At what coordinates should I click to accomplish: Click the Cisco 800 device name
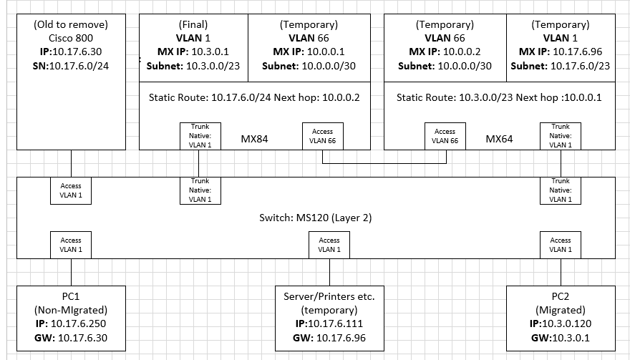71,38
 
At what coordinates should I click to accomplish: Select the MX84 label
254,138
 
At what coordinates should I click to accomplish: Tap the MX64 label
499,138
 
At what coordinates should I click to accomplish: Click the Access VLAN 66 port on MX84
322,135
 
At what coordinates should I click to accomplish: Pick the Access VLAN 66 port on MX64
445,135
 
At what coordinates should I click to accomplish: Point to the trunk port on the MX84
200,135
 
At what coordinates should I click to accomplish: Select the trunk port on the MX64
561,135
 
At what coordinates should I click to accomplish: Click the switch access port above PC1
71,245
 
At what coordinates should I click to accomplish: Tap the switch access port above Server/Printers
329,245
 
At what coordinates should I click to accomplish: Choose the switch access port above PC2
561,245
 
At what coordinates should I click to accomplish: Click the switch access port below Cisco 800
71,190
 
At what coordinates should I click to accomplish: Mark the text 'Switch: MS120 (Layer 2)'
315,217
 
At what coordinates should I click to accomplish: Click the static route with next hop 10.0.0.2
255,97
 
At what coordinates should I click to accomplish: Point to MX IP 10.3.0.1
193,52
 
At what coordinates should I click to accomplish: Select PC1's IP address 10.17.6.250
71,323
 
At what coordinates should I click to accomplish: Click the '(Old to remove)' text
71,24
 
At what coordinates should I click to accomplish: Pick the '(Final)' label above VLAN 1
193,24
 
